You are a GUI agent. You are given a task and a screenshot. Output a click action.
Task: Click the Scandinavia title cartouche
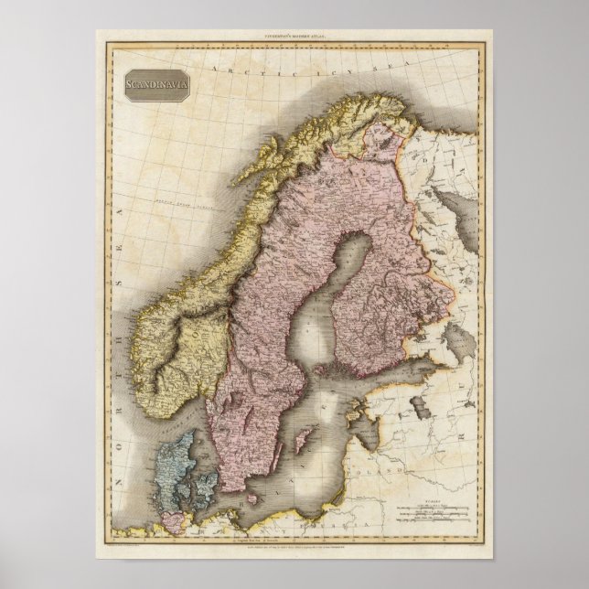[152, 87]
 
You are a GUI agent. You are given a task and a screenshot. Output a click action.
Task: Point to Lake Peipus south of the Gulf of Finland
[422, 405]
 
